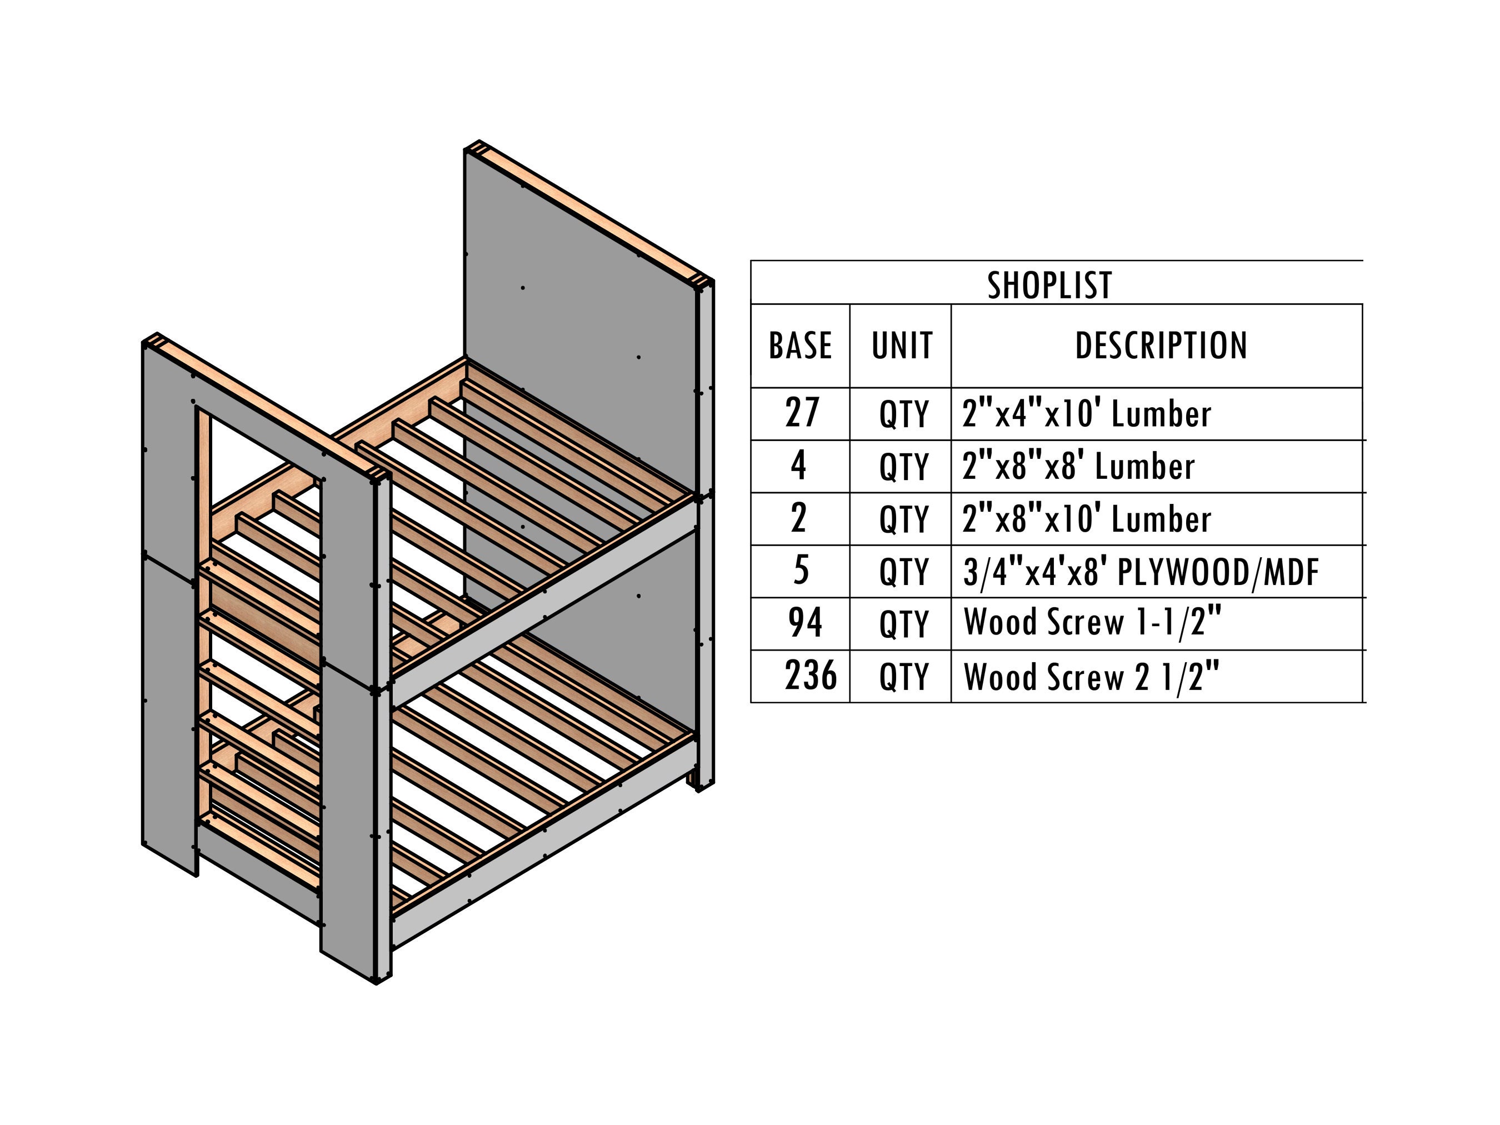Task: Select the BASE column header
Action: tap(800, 346)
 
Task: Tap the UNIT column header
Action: tap(902, 346)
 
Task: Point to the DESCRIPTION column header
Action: tap(1161, 346)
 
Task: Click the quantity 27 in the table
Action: tap(802, 412)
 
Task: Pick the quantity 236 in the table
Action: tap(811, 676)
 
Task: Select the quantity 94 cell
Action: tap(805, 623)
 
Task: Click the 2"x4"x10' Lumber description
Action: tap(1086, 414)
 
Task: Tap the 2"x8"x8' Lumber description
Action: tap(1078, 466)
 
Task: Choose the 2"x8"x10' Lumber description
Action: tap(1086, 519)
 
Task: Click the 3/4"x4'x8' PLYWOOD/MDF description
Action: tap(1141, 572)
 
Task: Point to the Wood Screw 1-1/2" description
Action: tap(1092, 623)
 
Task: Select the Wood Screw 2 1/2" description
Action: tap(1091, 676)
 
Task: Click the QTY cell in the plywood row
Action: tap(903, 572)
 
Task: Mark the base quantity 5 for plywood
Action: tap(801, 571)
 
